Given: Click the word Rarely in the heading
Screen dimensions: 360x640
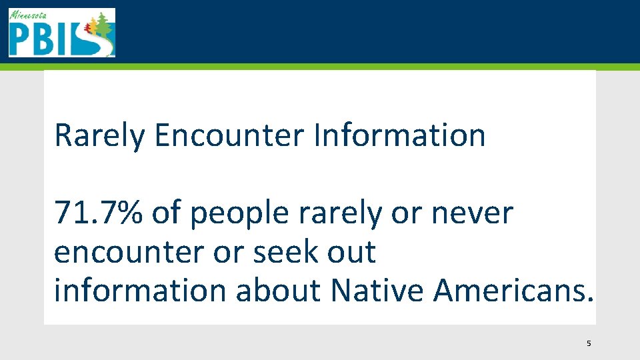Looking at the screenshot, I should point(99,135).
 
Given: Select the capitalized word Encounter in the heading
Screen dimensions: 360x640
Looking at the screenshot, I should point(229,135).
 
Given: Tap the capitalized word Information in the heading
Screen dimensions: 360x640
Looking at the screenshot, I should point(399,135).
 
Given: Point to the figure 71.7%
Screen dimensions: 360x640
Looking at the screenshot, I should point(98,213).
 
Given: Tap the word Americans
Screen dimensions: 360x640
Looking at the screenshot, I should point(512,291).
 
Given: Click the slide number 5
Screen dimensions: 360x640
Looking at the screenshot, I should point(588,344).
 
